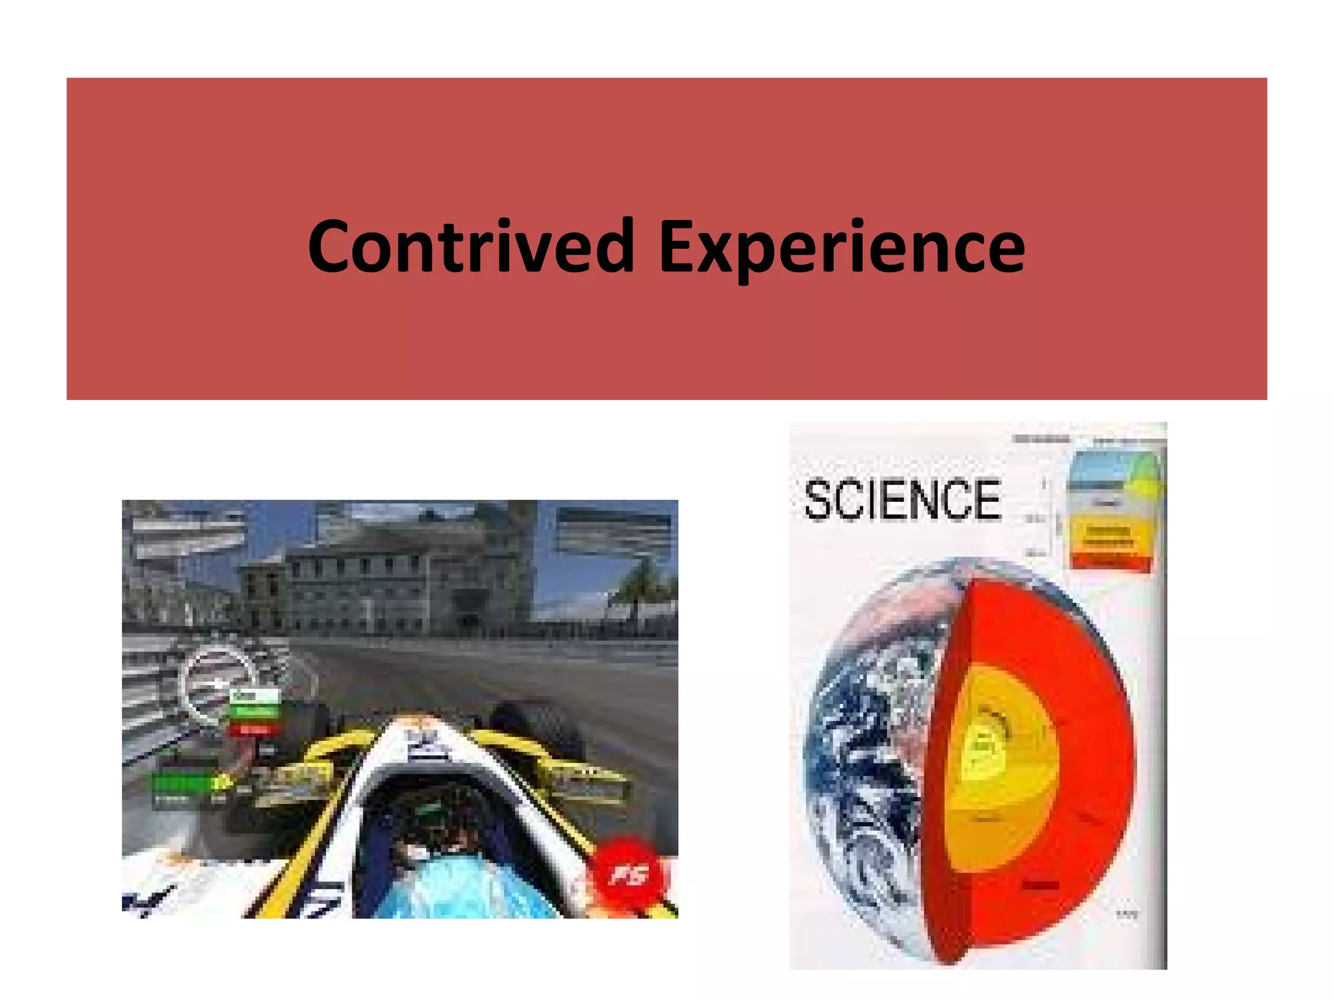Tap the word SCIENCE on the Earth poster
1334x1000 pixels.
[x=902, y=500]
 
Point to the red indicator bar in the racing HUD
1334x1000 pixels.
[x=255, y=729]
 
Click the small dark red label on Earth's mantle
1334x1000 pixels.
[x=1040, y=885]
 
